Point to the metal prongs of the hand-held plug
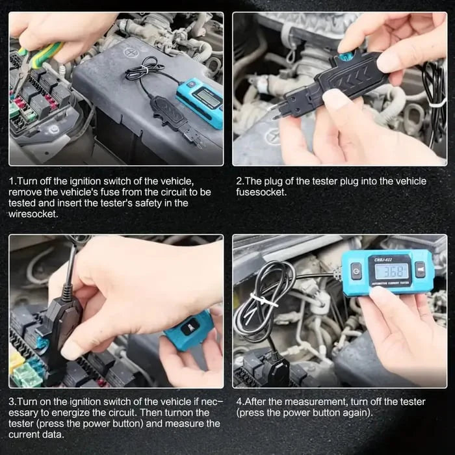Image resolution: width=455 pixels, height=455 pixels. click(x=280, y=110)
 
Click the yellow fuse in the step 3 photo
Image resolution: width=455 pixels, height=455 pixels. click(x=16, y=361)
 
